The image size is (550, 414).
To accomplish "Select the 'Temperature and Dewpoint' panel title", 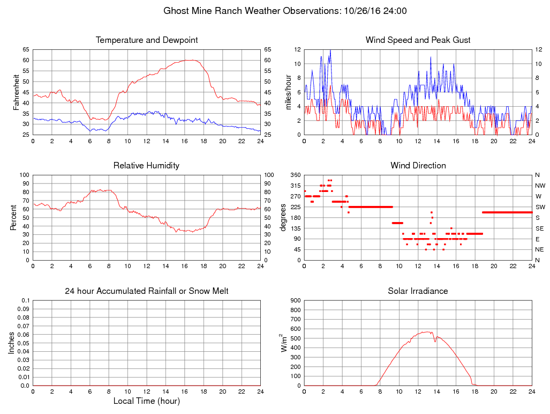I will click(147, 40).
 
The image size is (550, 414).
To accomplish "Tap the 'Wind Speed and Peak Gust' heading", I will click(418, 40).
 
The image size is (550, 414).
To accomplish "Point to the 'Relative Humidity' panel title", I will click(147, 166).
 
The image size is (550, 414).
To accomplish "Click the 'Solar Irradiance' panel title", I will click(418, 291).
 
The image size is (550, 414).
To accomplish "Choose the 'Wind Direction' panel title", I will click(418, 166).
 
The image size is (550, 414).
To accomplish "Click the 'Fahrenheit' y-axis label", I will click(16, 92).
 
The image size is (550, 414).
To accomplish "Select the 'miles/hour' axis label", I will click(288, 92).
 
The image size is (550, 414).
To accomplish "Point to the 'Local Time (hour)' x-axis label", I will click(147, 401).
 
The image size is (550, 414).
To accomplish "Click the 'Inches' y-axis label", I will click(12, 343).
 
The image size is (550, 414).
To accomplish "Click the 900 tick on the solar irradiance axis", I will click(296, 300).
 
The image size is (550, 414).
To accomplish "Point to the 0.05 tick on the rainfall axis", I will click(24, 343).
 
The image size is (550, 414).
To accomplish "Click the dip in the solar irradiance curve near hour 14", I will click(435, 341).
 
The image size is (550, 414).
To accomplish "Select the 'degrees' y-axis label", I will click(284, 218).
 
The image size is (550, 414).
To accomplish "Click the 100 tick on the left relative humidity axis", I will click(24, 175).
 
